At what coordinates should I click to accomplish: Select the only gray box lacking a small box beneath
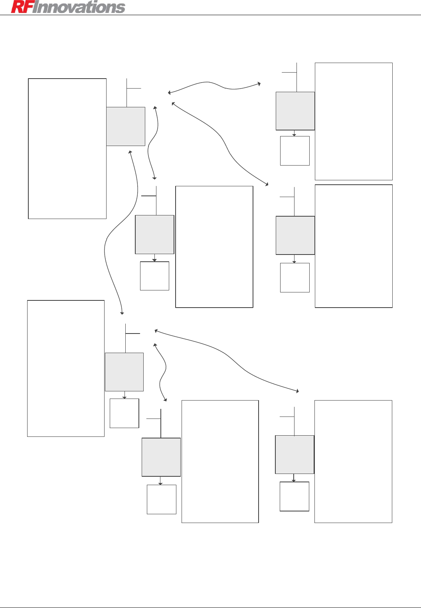coord(126,126)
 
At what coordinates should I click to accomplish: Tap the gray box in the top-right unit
coord(295,111)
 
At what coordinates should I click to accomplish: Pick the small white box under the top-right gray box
coord(295,151)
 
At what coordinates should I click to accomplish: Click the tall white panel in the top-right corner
coord(354,121)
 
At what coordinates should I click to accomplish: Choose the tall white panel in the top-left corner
coord(67,148)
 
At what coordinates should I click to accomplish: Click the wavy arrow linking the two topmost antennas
coord(214,85)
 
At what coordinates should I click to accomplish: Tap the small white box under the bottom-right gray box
coord(295,496)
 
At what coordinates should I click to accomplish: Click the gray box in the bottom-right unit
coord(295,454)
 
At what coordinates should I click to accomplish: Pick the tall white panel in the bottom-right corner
coord(353,461)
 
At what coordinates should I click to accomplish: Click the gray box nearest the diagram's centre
coord(155,235)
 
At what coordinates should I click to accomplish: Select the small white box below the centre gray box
coord(155,276)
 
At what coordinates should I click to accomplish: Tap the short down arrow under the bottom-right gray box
coord(294,478)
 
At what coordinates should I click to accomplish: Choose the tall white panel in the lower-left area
coord(66,368)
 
